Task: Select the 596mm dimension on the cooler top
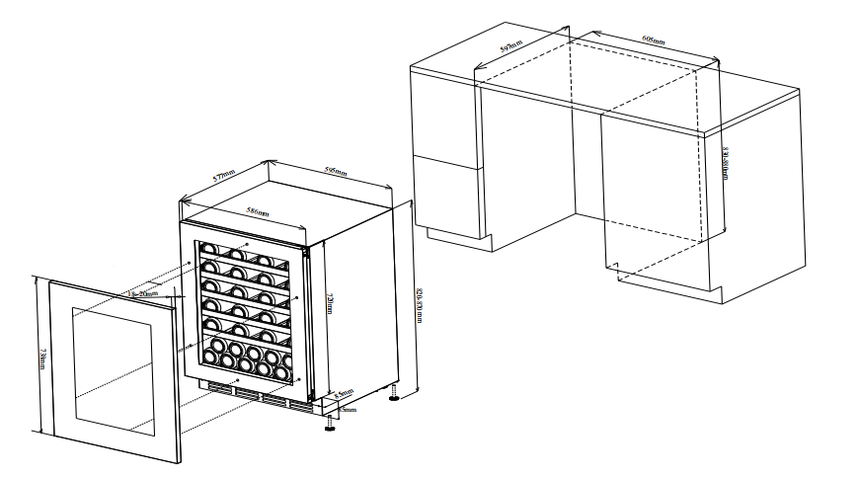point(336,172)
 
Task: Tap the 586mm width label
point(259,212)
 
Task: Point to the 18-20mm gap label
point(143,293)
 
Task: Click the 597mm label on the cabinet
point(510,44)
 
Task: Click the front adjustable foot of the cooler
point(329,426)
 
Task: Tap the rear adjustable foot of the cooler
point(395,397)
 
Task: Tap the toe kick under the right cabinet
point(671,283)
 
